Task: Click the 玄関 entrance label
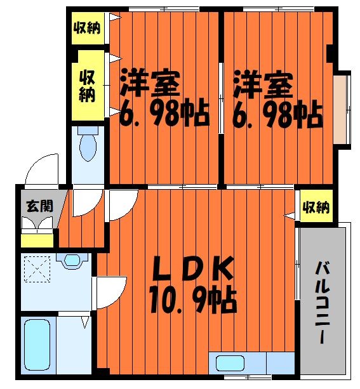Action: pos(35,206)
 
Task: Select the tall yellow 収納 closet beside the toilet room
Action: pos(87,86)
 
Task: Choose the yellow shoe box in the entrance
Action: pos(37,241)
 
